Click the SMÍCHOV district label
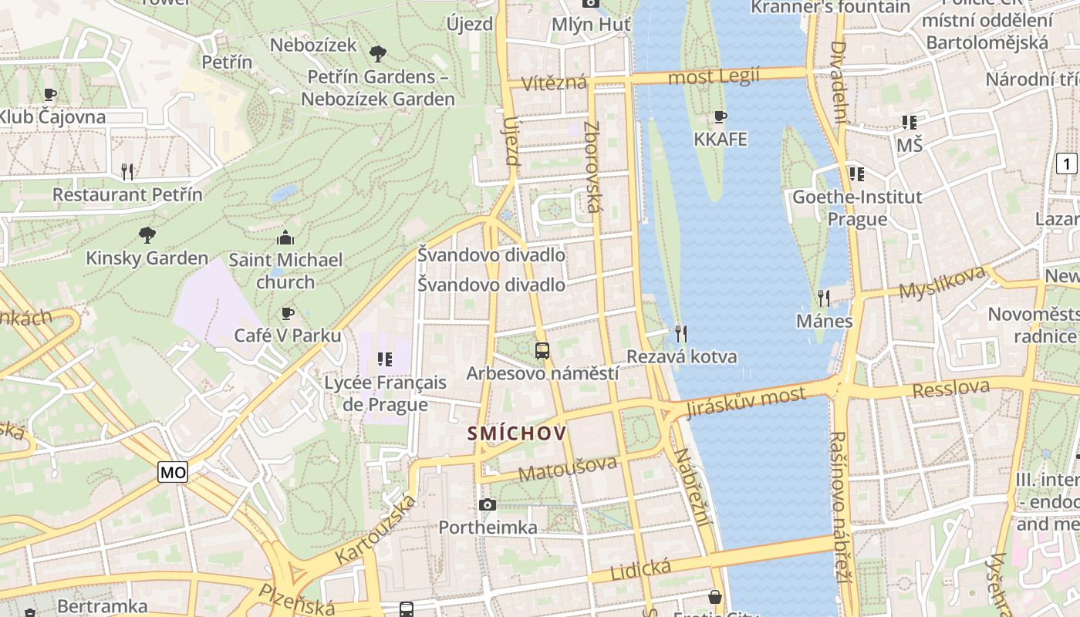click(517, 433)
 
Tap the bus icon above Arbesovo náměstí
click(542, 351)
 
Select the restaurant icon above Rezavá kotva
click(681, 333)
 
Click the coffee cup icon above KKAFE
click(721, 117)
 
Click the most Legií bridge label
click(714, 76)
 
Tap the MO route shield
click(173, 472)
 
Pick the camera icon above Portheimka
click(488, 504)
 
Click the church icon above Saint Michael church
click(285, 237)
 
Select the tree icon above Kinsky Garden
click(147, 234)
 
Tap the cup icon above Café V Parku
click(288, 312)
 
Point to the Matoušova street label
click(568, 468)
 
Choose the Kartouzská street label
click(376, 529)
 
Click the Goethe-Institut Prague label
click(857, 207)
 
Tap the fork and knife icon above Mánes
click(824, 298)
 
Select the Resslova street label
click(950, 389)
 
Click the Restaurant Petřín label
click(127, 194)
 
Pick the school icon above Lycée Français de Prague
click(384, 359)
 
